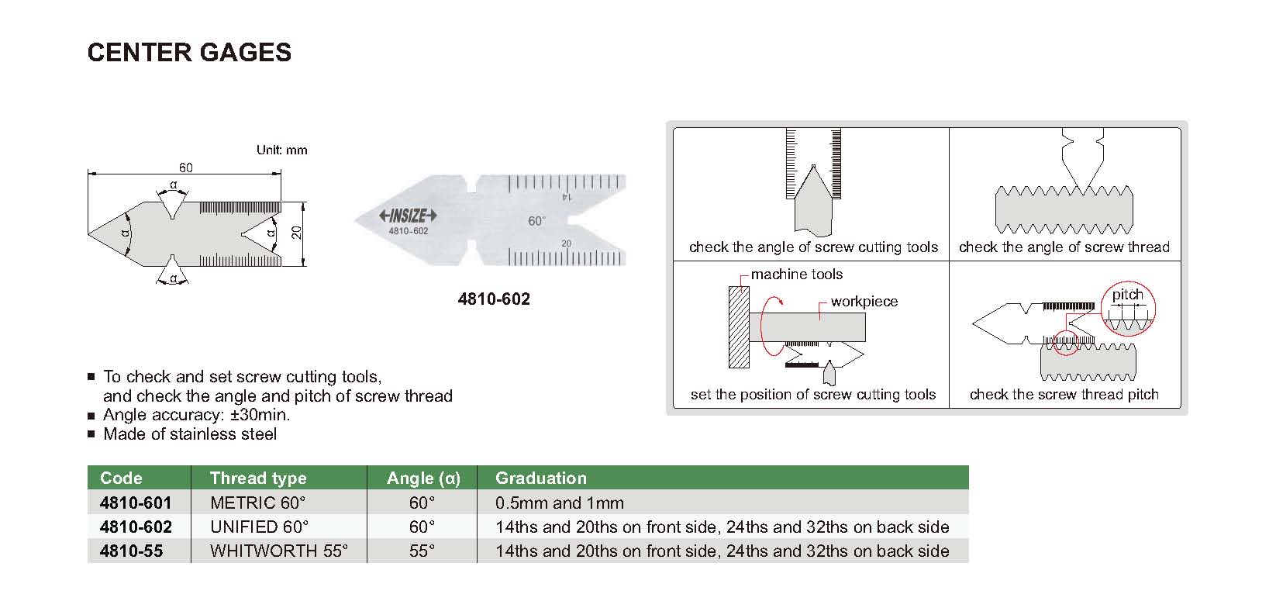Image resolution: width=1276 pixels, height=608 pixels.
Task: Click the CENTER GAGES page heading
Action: click(189, 52)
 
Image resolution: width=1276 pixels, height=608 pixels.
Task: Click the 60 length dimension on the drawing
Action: click(186, 168)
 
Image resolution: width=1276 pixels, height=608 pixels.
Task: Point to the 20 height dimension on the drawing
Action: click(298, 233)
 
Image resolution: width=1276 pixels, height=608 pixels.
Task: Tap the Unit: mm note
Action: click(282, 150)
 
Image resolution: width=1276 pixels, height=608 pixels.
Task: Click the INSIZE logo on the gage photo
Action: click(408, 216)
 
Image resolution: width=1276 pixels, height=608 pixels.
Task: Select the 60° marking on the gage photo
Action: click(536, 221)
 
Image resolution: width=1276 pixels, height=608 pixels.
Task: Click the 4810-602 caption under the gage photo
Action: click(494, 299)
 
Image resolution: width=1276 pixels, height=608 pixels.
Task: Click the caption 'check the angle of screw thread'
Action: click(1064, 247)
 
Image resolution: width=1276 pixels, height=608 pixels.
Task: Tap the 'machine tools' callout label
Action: click(796, 275)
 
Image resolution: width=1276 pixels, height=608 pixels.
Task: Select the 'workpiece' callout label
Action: click(864, 302)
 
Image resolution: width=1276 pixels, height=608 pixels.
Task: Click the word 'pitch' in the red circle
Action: click(1127, 295)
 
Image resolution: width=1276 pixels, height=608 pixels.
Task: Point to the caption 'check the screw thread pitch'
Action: click(1064, 394)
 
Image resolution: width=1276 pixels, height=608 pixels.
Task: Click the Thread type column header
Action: click(258, 478)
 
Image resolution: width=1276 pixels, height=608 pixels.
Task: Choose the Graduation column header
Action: click(540, 478)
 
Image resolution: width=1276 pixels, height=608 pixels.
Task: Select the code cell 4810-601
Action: click(136, 503)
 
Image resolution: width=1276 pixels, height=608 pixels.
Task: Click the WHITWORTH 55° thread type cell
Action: click(279, 551)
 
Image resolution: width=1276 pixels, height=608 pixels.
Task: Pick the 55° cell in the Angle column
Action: click(422, 551)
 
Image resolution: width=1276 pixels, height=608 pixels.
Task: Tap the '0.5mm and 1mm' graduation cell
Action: click(559, 503)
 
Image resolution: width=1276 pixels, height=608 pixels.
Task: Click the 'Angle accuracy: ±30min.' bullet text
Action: click(197, 415)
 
